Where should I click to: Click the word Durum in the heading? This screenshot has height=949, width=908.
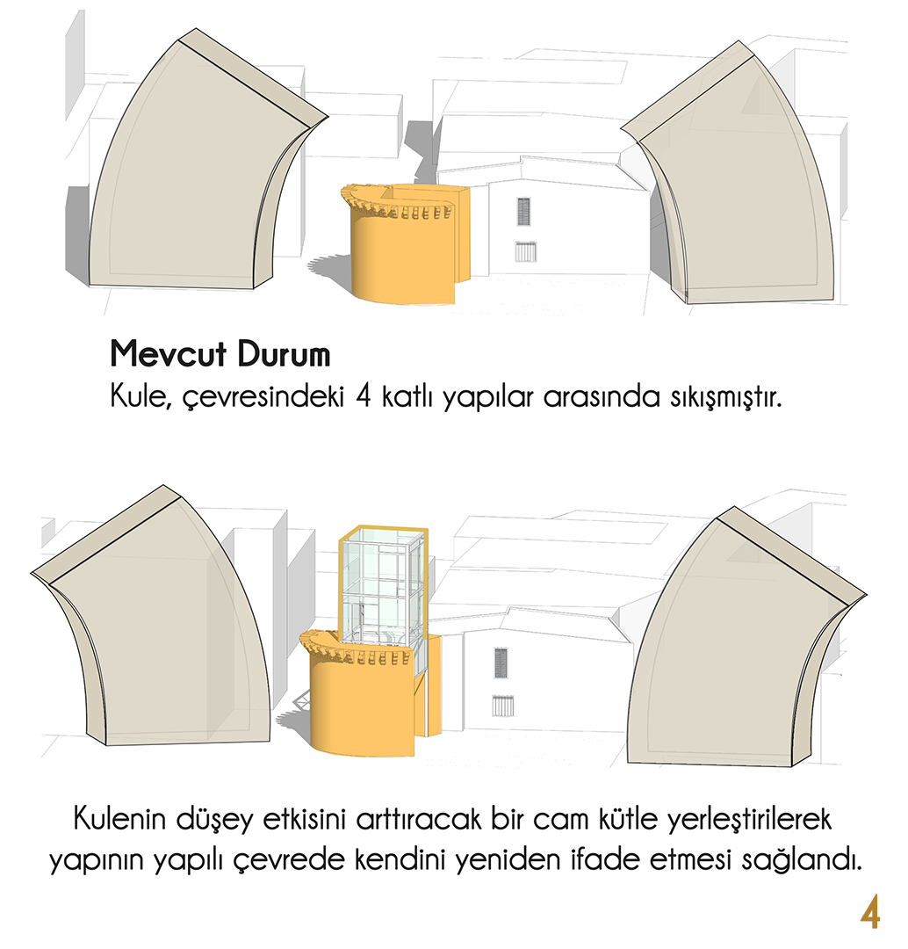284,354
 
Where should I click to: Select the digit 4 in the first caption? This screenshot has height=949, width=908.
363,397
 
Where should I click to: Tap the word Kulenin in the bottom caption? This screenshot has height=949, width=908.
119,819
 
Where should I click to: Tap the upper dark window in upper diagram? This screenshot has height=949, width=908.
523,212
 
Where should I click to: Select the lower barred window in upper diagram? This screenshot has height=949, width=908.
526,251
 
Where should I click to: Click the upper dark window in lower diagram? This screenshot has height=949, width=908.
501,663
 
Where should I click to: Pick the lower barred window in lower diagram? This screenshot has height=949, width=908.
502,706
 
